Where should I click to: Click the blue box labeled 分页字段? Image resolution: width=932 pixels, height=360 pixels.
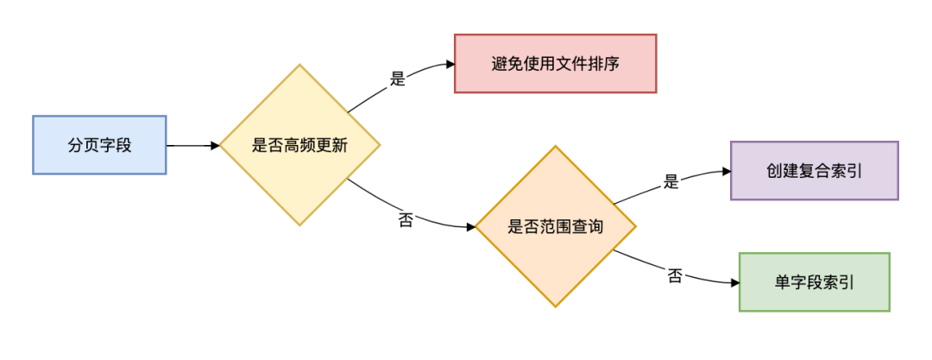tap(99, 145)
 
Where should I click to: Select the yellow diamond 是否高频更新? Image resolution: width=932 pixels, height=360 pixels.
tap(299, 145)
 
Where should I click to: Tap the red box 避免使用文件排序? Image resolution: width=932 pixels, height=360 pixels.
tap(556, 63)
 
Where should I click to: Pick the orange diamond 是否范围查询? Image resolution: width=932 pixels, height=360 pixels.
tap(556, 226)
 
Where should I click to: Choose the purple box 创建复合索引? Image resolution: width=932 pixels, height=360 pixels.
tap(815, 171)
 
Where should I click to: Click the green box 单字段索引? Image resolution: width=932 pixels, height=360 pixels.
tap(815, 282)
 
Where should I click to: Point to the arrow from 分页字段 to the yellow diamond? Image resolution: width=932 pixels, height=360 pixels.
tap(192, 146)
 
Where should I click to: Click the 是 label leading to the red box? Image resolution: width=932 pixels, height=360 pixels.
tap(397, 79)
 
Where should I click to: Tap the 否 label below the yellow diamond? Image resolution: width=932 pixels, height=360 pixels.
tap(406, 219)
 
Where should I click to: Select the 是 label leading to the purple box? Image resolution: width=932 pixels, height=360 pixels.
tap(671, 181)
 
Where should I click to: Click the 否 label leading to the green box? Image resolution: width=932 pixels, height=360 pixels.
tap(675, 276)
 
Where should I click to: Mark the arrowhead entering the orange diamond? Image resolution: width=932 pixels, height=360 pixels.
tap(470, 227)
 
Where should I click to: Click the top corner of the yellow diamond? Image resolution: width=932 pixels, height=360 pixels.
tap(299, 66)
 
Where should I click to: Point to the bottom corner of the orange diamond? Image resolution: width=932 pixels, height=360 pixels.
tap(556, 306)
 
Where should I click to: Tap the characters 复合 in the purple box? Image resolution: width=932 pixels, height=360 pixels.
tap(815, 171)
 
